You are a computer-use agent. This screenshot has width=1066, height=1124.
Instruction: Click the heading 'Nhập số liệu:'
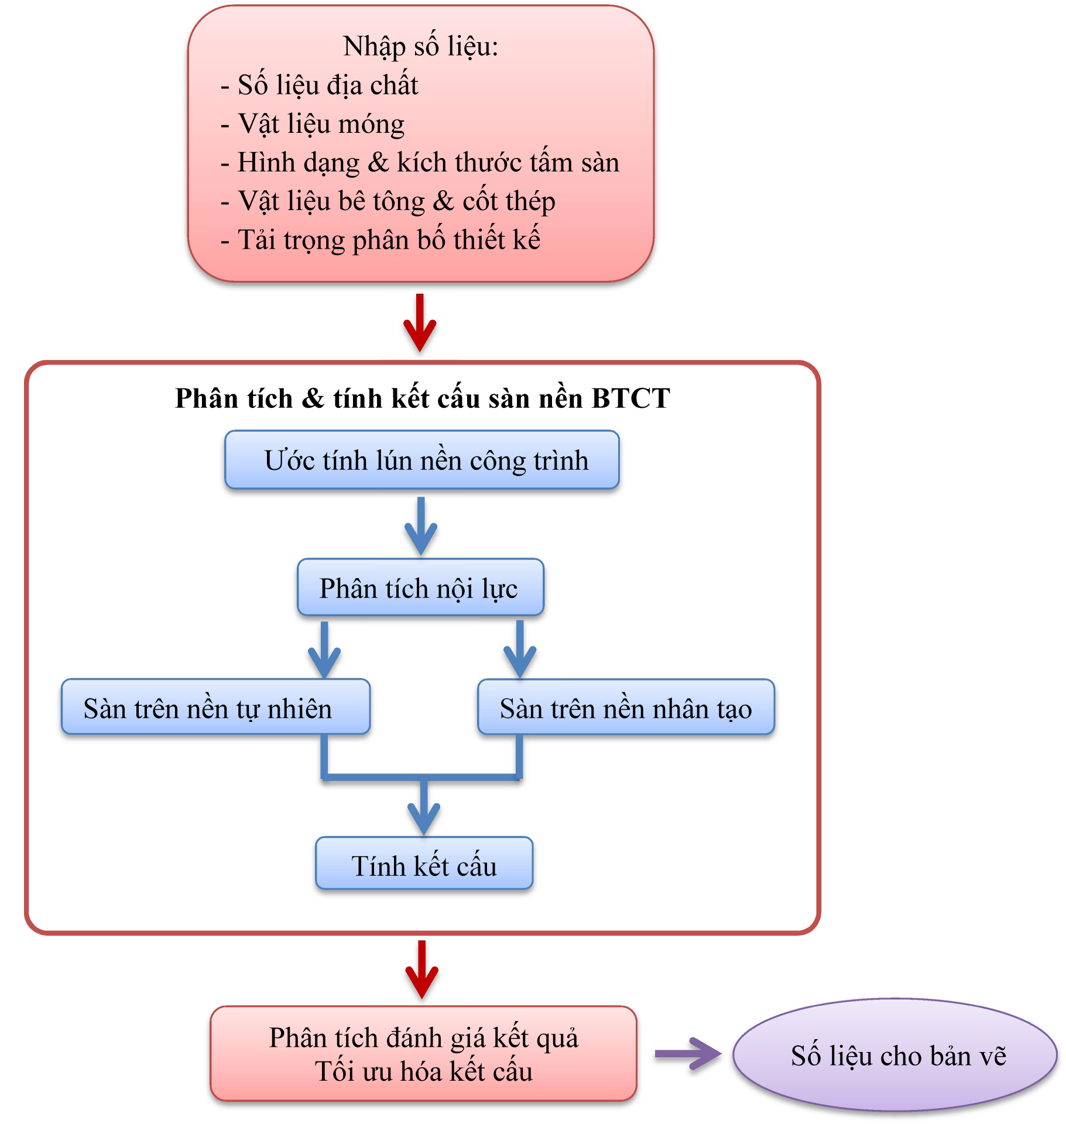[420, 47]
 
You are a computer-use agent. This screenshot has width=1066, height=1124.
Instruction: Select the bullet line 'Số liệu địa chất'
[328, 85]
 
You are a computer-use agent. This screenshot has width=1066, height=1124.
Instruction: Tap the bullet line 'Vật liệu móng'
[321, 124]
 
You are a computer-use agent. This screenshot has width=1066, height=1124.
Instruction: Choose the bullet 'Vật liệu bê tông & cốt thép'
[396, 201]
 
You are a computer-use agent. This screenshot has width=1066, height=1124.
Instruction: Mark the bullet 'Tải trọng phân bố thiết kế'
[389, 240]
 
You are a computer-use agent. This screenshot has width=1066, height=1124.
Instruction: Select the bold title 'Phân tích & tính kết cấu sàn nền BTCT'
[422, 398]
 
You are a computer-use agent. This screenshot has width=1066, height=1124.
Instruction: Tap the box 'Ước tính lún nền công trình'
[422, 460]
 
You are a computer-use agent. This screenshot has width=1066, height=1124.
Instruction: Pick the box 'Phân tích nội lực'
[420, 588]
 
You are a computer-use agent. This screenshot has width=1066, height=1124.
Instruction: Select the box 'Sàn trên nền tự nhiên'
[215, 707]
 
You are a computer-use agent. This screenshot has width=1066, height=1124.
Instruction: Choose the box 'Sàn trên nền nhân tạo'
[626, 707]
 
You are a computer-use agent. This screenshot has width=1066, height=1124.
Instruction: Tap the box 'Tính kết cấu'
[424, 864]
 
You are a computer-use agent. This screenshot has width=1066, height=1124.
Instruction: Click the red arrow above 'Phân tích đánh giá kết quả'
[421, 969]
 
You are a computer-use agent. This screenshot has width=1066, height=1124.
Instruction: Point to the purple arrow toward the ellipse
[688, 1054]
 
